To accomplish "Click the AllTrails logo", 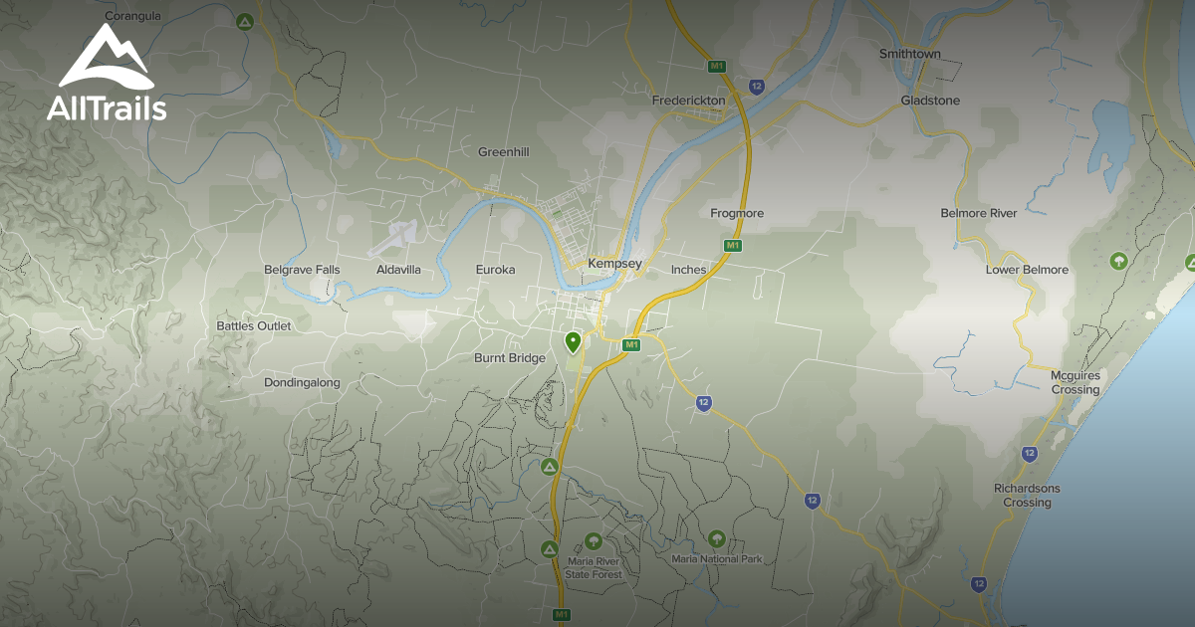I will tap(106, 73).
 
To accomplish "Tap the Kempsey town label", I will tap(614, 264).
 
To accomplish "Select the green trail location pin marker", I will tap(573, 342).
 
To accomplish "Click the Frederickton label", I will tap(688, 101).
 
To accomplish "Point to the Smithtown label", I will tap(909, 54).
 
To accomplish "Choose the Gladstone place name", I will tap(930, 101).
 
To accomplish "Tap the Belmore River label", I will tap(978, 213).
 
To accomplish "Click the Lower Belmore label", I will tap(1027, 270).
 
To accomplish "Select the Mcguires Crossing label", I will tap(1075, 382).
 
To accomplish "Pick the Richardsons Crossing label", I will tap(1027, 495).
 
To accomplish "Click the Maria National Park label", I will tap(717, 559).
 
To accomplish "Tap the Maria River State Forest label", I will tap(594, 568).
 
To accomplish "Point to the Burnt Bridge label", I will tap(510, 358).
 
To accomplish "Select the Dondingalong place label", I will tap(302, 382).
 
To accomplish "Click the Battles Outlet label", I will tap(254, 325).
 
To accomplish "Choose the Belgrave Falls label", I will tap(302, 270).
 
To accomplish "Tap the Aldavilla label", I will tap(398, 270).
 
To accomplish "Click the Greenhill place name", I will tap(503, 152).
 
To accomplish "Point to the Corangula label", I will tap(132, 16).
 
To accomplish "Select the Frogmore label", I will tap(737, 213).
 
